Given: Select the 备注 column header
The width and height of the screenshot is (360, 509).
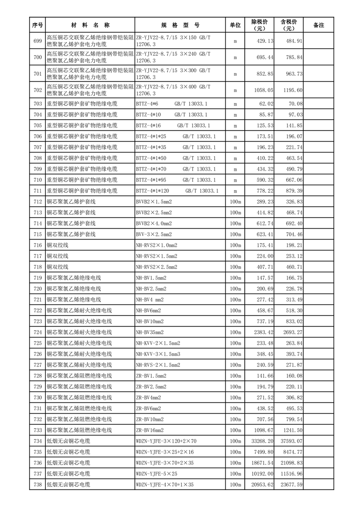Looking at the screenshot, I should (319, 25).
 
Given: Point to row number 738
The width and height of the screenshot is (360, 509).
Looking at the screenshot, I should (38, 485).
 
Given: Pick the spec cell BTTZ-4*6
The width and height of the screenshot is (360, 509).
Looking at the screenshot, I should (147, 104).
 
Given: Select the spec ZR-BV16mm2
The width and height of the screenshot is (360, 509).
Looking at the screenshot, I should (150, 430).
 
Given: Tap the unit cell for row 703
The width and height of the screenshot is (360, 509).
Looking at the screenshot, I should (235, 104).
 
